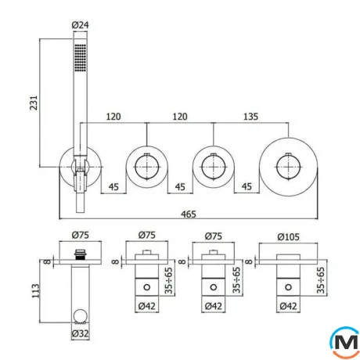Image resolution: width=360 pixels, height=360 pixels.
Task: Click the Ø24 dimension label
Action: [x=80, y=25]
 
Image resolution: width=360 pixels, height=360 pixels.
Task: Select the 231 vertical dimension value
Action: [x=34, y=103]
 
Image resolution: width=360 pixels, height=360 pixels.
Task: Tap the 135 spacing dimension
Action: [x=250, y=117]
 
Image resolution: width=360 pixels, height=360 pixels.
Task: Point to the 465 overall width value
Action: [x=189, y=214]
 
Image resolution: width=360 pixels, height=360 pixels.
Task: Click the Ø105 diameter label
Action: [x=288, y=237]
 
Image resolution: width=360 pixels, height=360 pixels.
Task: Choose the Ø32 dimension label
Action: [x=80, y=333]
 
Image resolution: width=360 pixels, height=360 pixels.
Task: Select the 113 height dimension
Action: [x=35, y=291]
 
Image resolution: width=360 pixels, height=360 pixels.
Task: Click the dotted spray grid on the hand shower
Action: [x=80, y=57]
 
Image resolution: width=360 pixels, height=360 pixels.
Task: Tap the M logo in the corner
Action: [x=345, y=342]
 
